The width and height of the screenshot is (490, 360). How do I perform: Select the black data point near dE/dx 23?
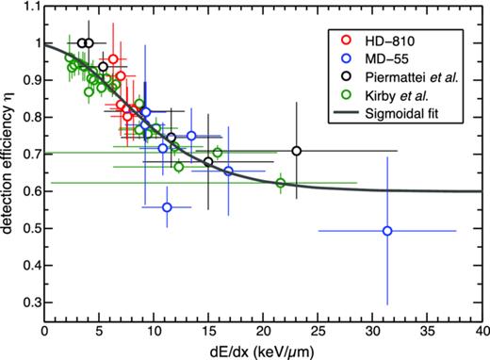pos(297,151)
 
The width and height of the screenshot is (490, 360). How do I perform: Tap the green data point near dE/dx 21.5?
pos(280,183)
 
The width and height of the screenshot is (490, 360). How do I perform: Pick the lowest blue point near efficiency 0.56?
pos(167,207)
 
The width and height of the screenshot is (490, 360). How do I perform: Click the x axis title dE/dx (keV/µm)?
pos(263,351)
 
